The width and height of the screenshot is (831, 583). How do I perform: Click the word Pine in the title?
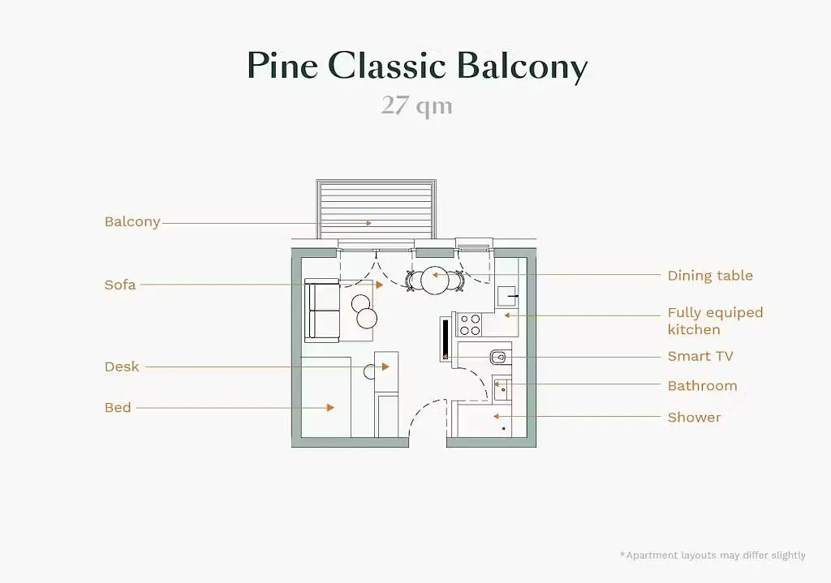click(x=282, y=66)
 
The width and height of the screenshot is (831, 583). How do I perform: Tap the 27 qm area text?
click(x=416, y=105)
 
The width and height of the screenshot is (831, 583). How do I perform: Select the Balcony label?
click(x=132, y=222)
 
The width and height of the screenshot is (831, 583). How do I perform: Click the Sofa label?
click(x=120, y=285)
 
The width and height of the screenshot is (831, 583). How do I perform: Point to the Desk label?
click(x=122, y=367)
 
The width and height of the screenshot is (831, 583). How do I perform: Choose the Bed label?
click(x=118, y=407)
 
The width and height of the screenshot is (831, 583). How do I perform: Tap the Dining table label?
click(x=710, y=276)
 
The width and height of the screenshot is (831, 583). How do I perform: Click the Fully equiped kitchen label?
click(x=716, y=321)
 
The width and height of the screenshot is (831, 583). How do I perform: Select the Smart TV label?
click(x=700, y=356)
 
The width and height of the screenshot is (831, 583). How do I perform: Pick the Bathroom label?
click(x=702, y=385)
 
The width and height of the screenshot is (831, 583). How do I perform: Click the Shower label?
click(x=694, y=418)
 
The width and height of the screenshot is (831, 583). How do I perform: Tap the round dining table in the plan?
click(x=435, y=280)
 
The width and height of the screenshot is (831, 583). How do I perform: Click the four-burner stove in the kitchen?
click(x=470, y=324)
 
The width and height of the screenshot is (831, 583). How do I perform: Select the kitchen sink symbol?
click(x=506, y=296)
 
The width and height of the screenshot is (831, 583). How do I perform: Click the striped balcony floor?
click(x=377, y=210)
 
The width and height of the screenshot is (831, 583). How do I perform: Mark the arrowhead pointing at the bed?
click(x=330, y=408)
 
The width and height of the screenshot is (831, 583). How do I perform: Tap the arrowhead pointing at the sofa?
click(x=380, y=285)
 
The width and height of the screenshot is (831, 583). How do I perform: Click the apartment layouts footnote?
click(x=713, y=555)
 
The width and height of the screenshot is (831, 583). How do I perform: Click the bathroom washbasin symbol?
click(x=502, y=391)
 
